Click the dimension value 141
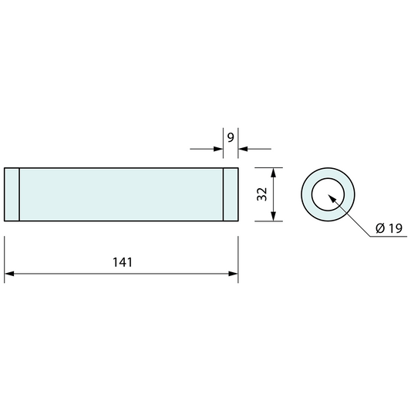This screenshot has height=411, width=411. (x=122, y=262)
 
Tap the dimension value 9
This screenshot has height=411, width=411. (x=231, y=138)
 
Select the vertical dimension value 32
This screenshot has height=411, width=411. (x=262, y=194)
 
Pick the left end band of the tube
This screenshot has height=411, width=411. (x=12, y=194)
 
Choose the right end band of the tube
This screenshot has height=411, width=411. (x=231, y=194)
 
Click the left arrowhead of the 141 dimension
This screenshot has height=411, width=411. (x=10, y=274)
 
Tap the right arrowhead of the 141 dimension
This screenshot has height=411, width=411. (x=232, y=274)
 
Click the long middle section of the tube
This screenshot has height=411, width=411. (x=121, y=194)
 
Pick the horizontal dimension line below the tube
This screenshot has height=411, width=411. (x=77, y=274)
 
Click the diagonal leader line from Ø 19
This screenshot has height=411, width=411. (x=353, y=221)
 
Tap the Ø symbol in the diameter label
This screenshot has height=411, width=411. (x=380, y=228)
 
